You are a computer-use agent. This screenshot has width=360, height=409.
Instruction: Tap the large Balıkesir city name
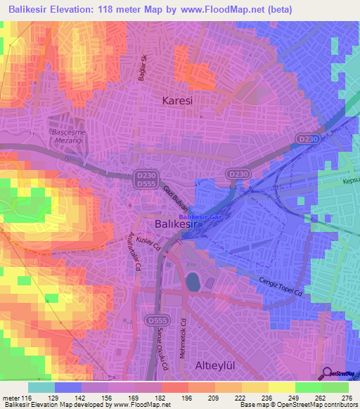point(179,225)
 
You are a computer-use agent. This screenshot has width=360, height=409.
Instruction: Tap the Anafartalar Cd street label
point(134,255)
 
